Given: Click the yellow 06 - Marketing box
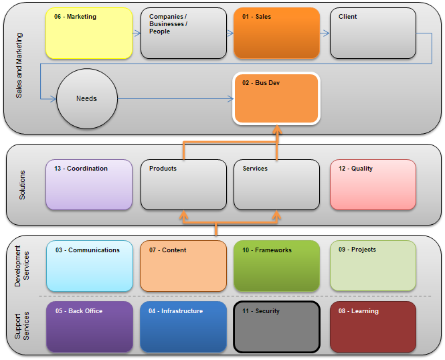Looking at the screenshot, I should [x=88, y=33].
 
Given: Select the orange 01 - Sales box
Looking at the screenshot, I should [x=276, y=33].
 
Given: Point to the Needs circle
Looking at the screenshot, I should [x=86, y=98].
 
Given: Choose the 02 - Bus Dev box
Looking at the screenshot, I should [x=276, y=98].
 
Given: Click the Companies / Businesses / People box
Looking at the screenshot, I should [x=183, y=33].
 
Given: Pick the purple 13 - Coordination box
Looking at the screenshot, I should [x=88, y=185].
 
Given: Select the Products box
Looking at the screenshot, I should [x=183, y=185].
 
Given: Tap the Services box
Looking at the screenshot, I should [x=276, y=185].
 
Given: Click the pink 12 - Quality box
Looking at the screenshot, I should [x=373, y=185].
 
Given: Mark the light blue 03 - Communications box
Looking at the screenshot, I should [x=89, y=266].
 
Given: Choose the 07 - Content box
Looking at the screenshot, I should [x=183, y=266].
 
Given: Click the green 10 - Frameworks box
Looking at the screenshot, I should [x=276, y=266].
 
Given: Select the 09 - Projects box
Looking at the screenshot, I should [x=373, y=266].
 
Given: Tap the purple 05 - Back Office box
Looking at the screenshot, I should [x=89, y=327].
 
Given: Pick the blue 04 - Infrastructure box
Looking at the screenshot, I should [x=183, y=327].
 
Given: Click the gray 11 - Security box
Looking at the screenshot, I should [x=276, y=327].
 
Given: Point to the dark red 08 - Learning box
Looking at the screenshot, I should [x=373, y=327].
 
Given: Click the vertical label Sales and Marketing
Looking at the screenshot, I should [x=19, y=68].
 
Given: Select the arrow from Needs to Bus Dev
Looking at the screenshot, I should [x=174, y=98].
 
